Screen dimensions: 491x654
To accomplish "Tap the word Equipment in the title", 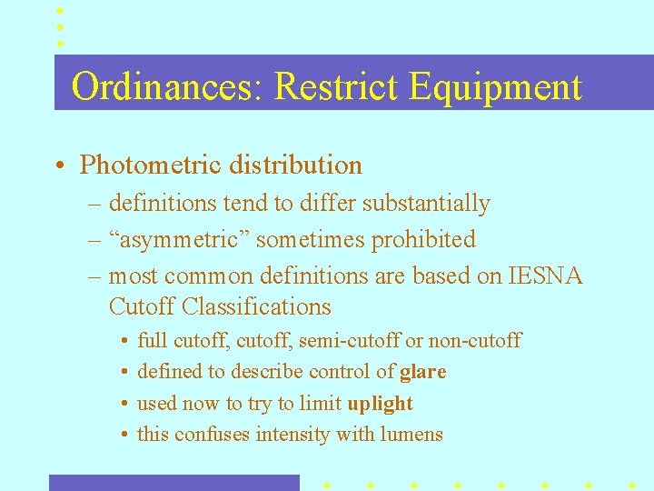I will pos(495,87).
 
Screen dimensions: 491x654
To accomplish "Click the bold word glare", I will pos(422,371).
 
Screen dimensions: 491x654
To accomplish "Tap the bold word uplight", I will pos(380,403).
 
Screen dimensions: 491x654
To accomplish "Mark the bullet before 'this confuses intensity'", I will pos(123,435).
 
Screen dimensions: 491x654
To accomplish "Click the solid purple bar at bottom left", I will pos(173,482).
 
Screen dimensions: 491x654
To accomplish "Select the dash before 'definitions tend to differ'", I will pos(94,204).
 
